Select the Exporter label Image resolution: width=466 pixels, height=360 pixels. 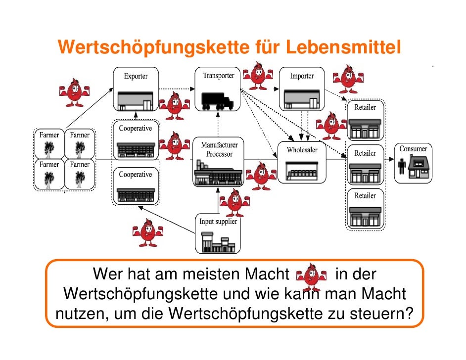click(135, 77)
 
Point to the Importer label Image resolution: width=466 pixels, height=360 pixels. click(302, 76)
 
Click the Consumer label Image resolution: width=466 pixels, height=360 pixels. click(413, 149)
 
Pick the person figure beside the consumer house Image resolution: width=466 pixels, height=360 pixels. click(402, 167)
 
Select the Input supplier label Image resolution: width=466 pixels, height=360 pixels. click(218, 222)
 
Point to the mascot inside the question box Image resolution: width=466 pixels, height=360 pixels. click(311, 276)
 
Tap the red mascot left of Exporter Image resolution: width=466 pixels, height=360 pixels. click(74, 91)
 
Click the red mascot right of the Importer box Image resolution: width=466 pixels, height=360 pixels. click(347, 78)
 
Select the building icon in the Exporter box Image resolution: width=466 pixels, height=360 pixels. click(135, 101)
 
